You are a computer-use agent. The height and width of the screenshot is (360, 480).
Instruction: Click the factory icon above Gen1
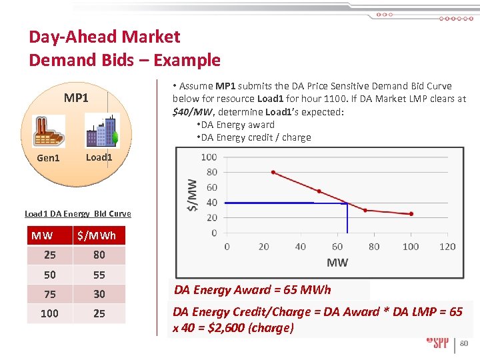(49, 131)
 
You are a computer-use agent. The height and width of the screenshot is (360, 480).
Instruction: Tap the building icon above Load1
(101, 131)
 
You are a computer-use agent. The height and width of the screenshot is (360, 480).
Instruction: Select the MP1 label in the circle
(76, 99)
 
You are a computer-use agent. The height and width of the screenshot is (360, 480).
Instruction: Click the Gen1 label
(48, 158)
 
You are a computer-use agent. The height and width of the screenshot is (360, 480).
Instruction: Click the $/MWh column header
(97, 235)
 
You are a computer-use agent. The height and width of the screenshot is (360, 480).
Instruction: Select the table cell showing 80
(99, 255)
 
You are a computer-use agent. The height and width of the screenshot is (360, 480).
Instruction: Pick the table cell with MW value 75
(49, 294)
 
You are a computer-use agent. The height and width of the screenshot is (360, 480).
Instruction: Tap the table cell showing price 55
(99, 275)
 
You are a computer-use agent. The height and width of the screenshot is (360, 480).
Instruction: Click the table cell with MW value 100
(49, 313)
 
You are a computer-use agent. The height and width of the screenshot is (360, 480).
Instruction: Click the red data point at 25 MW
(273, 172)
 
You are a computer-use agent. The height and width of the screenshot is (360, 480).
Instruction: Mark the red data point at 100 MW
(411, 214)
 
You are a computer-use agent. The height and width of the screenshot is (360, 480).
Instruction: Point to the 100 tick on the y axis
(209, 157)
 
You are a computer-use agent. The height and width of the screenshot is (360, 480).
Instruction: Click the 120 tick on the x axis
(447, 246)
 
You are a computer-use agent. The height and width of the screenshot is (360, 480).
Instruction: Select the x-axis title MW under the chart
(337, 262)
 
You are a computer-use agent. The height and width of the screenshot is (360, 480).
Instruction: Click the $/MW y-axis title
(191, 195)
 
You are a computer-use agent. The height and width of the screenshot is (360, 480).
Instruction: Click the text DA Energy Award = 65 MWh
(252, 289)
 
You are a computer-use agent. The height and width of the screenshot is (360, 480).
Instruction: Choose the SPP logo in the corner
(437, 343)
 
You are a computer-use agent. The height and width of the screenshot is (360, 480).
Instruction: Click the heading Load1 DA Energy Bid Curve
(77, 213)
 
